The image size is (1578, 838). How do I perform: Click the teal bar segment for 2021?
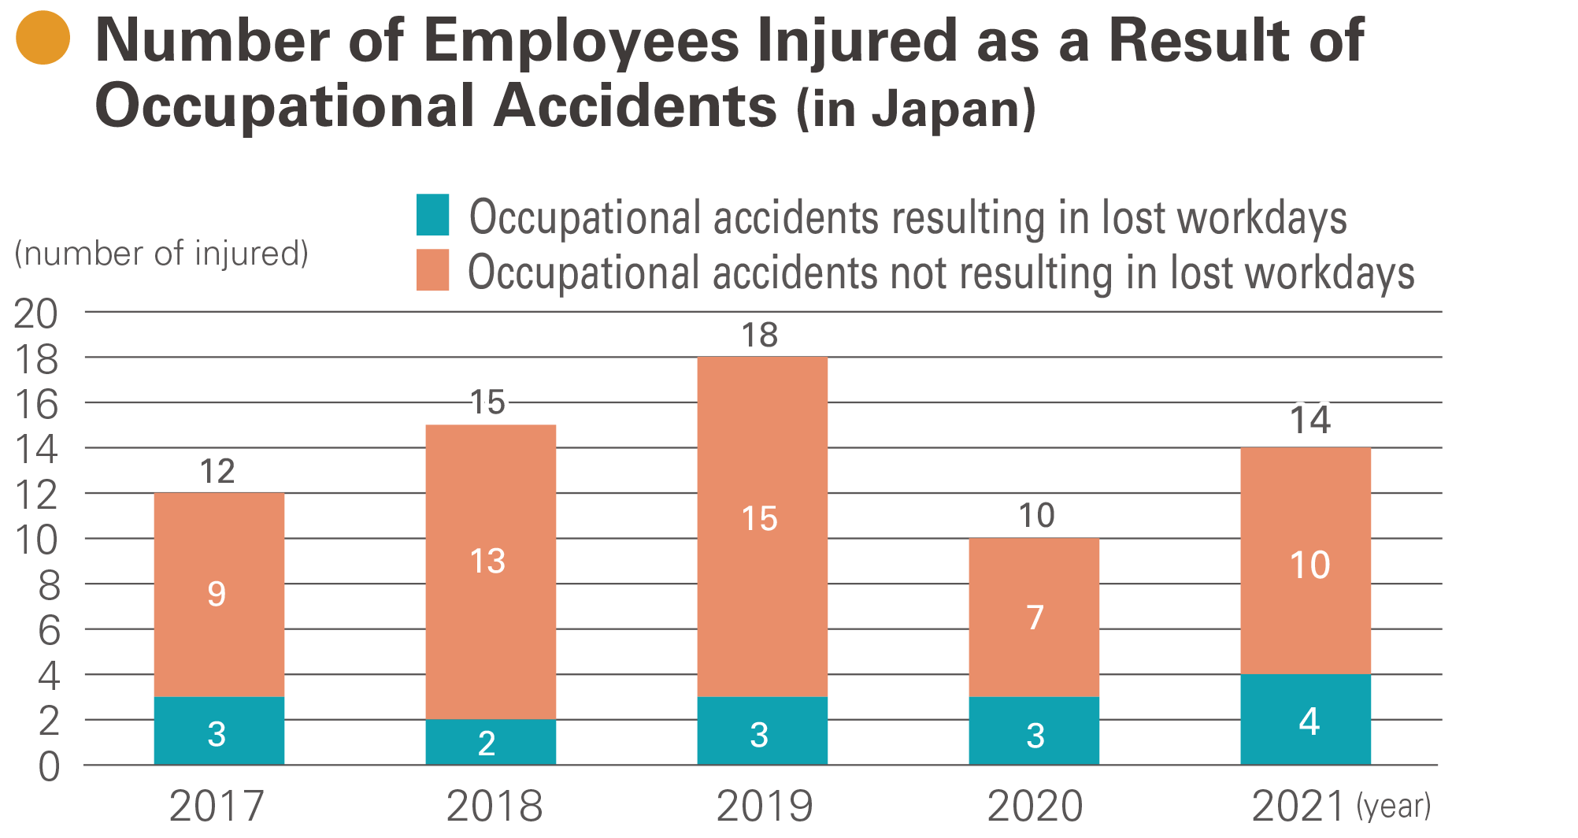coord(1305,719)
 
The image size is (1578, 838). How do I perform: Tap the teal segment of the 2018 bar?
coord(491,742)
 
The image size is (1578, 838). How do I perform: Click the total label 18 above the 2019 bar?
coord(760,336)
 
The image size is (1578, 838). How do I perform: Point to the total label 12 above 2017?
coord(217,472)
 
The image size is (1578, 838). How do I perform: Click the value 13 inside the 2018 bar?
coord(487,562)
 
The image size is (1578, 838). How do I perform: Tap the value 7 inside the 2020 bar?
coord(1035,617)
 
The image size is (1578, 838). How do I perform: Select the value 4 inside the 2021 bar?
coord(1309,721)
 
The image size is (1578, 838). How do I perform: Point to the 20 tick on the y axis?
coord(36,314)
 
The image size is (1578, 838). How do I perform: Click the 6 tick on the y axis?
coord(49,631)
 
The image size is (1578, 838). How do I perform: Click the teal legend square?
coord(432,215)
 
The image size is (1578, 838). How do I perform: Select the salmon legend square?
coord(432,270)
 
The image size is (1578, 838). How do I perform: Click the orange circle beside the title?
coord(43,38)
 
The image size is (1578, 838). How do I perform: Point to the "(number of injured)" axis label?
coord(161,254)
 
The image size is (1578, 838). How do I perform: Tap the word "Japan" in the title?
coord(945,109)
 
